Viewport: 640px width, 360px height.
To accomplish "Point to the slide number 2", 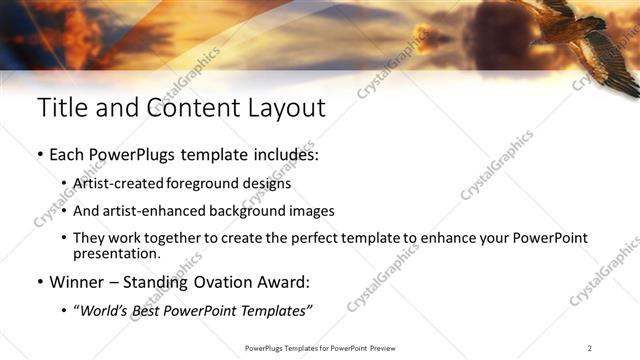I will click(x=590, y=347).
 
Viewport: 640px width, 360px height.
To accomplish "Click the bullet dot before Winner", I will click(x=40, y=282).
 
